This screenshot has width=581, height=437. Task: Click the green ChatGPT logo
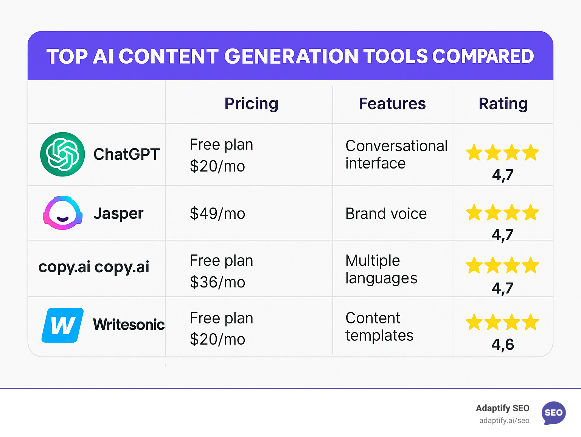point(62,154)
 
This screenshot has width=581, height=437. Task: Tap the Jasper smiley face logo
point(62,213)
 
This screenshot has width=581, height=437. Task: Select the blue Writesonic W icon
point(62,325)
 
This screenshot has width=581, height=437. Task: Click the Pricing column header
point(251,104)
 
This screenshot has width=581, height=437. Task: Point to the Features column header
point(392,104)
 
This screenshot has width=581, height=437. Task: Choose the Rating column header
point(503,104)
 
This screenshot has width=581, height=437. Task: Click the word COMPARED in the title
point(483,56)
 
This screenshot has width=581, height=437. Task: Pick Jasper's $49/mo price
point(217,214)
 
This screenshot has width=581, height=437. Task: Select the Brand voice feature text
point(386,214)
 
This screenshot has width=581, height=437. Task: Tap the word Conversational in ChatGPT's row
point(396,146)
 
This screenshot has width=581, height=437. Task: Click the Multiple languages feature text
point(381,269)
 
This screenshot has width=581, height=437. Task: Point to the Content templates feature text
point(379,326)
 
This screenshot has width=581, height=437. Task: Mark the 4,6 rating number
point(503,345)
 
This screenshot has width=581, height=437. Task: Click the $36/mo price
point(217,282)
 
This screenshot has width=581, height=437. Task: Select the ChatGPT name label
point(126,154)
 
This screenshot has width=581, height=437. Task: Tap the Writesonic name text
point(129,325)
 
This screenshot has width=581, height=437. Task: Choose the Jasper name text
point(118,214)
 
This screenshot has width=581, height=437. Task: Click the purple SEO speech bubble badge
point(554,413)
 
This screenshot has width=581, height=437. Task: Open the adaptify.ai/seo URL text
point(504,421)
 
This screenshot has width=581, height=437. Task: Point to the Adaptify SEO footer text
point(502,408)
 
